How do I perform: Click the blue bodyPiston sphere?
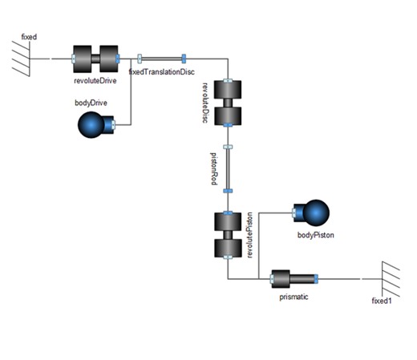312,214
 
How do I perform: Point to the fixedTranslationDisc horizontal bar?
161,58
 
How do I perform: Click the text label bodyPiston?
315,236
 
